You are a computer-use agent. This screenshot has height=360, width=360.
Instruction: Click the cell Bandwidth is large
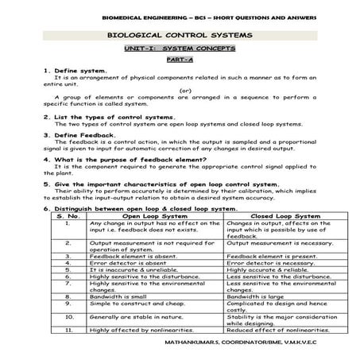click(255, 296)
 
